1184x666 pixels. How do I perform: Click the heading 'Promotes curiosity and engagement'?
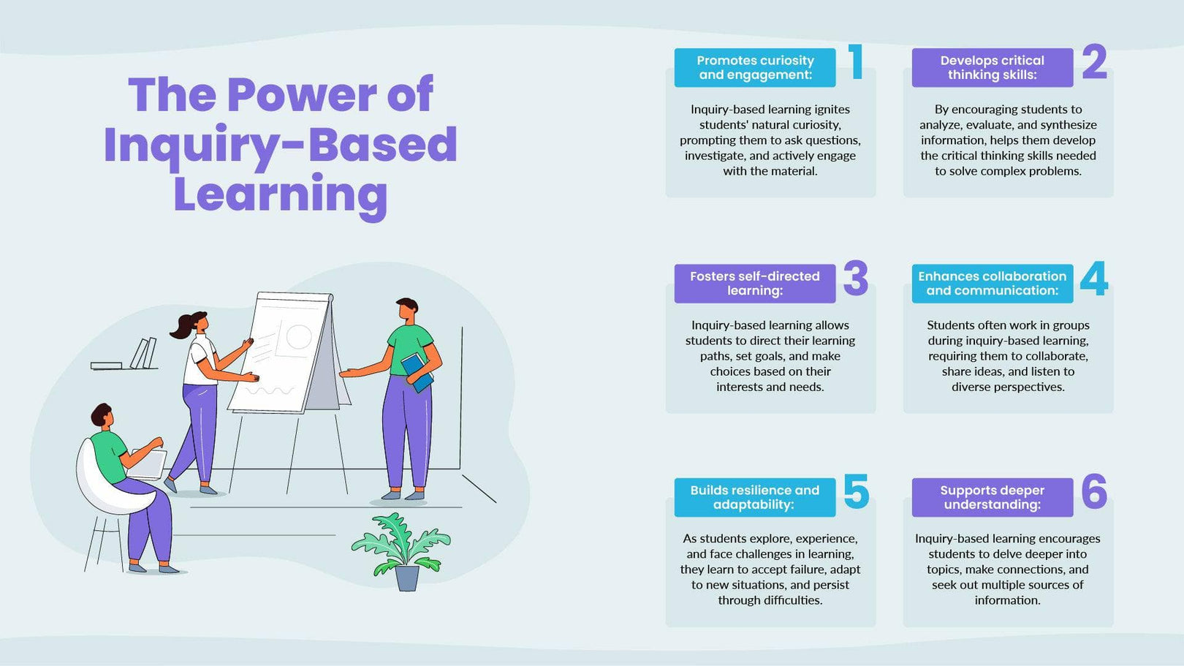[x=755, y=68]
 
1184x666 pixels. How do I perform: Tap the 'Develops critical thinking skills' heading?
[x=992, y=68]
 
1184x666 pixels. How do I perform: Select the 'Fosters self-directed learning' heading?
[x=755, y=284]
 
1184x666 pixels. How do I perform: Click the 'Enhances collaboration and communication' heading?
[x=992, y=284]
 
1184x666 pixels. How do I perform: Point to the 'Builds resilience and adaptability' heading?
[x=755, y=497]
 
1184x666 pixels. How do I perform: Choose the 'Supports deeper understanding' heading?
[x=992, y=497]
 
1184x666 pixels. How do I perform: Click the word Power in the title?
[x=302, y=95]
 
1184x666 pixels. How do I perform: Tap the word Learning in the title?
[x=280, y=195]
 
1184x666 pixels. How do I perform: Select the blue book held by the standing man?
[x=417, y=371]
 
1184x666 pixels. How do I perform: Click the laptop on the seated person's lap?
[x=150, y=464]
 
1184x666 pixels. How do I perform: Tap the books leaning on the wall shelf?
[x=143, y=353]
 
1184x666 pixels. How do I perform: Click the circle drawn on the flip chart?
[x=298, y=337]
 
